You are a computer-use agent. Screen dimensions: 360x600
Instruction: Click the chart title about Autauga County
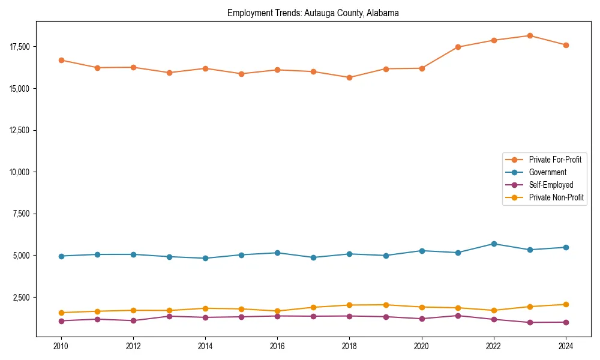[313, 13]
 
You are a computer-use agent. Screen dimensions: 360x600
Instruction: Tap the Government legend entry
[547, 172]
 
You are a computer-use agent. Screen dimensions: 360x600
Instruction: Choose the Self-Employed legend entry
[551, 185]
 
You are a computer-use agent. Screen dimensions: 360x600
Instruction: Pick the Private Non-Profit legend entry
[556, 197]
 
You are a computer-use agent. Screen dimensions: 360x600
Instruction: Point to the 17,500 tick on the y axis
[20, 47]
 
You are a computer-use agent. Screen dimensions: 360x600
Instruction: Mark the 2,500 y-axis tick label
[22, 298]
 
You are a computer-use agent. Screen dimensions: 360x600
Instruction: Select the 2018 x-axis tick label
[349, 346]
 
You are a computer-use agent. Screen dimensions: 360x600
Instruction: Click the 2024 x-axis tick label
[565, 346]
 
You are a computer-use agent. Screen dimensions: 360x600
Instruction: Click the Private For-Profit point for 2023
[530, 35]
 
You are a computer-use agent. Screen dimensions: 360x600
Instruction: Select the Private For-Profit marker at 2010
[61, 60]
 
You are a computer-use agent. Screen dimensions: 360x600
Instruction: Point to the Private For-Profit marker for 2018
[349, 77]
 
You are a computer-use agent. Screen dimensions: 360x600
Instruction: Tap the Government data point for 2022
[494, 244]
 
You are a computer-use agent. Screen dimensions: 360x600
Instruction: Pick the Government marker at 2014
[205, 258]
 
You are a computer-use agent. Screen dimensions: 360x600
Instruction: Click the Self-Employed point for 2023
[530, 322]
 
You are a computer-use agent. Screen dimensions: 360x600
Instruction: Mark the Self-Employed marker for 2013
[169, 316]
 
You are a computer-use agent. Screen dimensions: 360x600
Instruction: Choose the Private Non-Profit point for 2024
[565, 304]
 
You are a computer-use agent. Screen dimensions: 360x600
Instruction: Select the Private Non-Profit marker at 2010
[61, 313]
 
